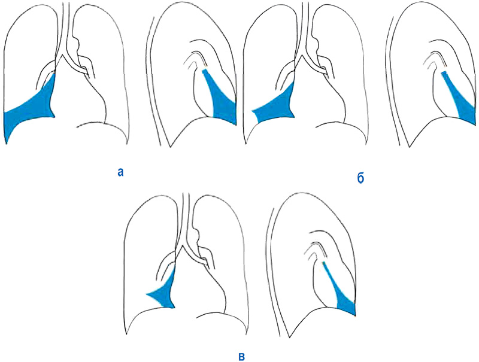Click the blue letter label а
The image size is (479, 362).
[121, 173]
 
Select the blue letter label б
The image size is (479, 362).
[361, 178]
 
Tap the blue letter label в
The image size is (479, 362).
[241, 356]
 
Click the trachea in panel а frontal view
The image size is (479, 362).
[65, 28]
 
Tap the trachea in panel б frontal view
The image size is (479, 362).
[304, 28]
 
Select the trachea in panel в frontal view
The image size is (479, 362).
[185, 218]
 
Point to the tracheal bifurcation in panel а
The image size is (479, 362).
[62, 56]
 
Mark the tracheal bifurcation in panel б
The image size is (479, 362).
[302, 56]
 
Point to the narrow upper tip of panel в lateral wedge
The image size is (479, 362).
[323, 263]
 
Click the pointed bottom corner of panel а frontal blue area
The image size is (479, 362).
[7, 143]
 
